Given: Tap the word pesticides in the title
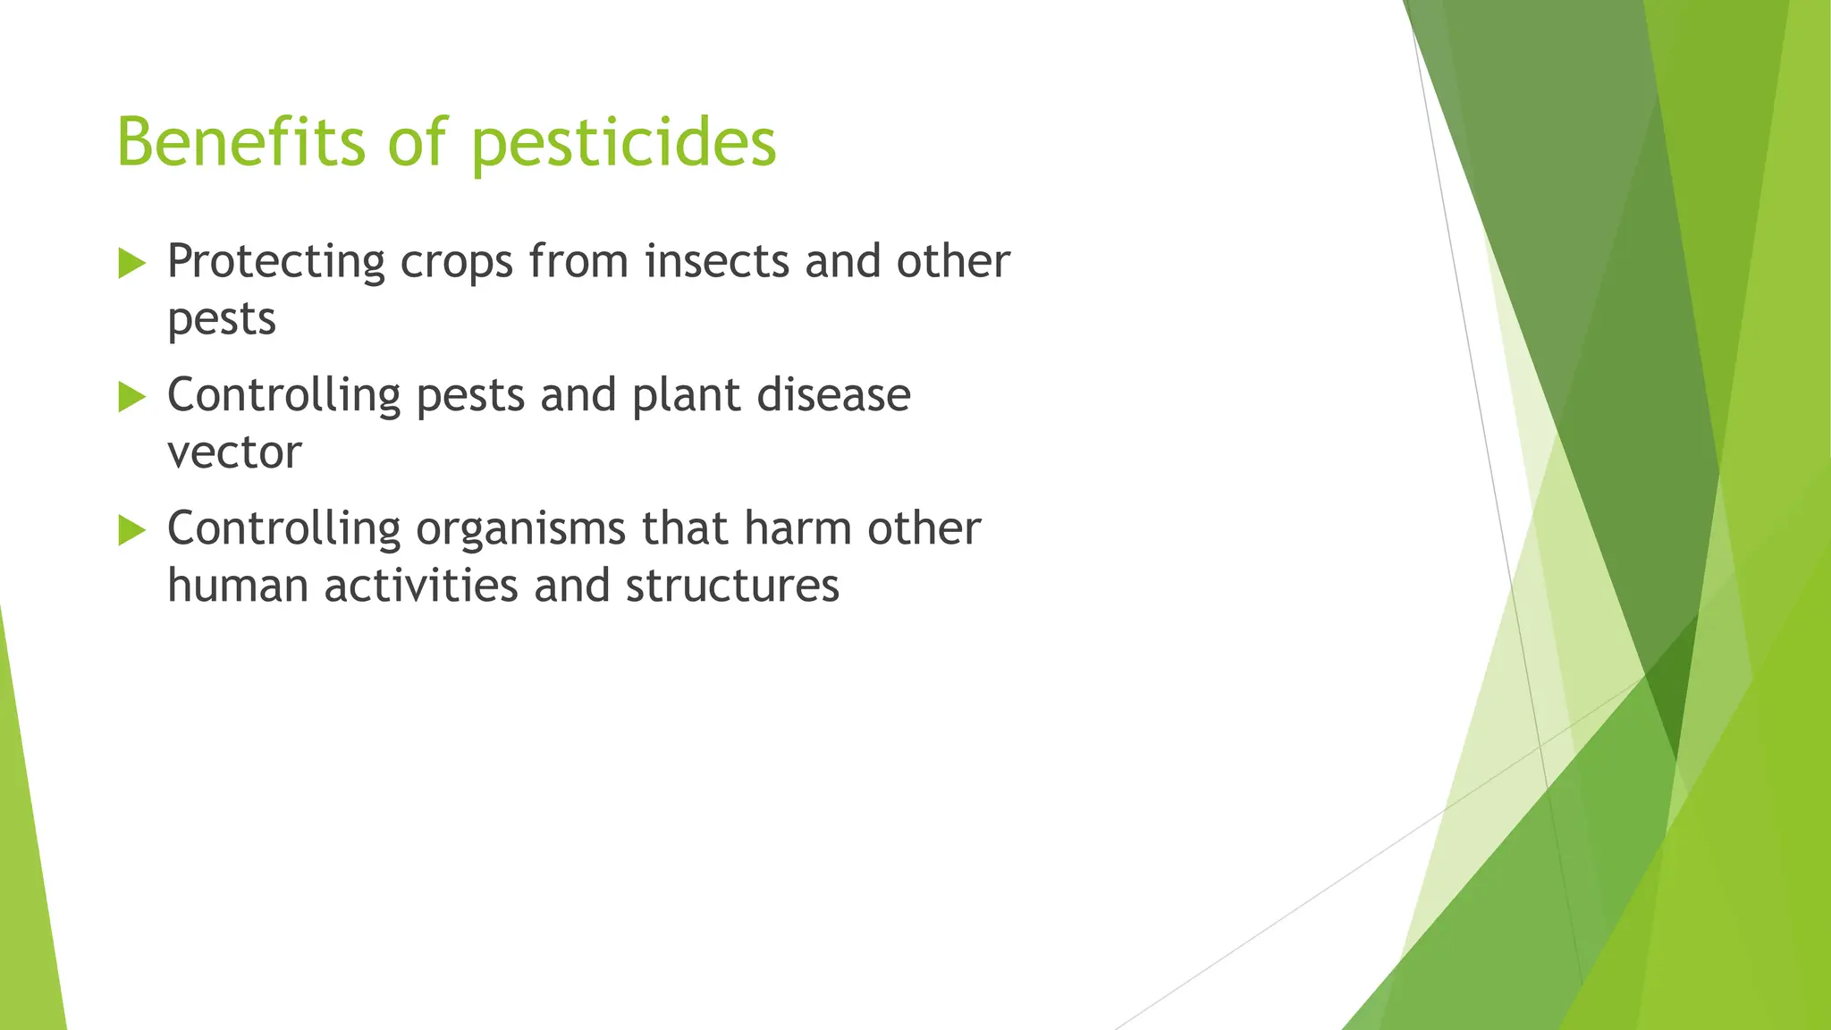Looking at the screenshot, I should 623,143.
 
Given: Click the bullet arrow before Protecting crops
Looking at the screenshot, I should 131,264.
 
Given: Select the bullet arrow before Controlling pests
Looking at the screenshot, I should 131,397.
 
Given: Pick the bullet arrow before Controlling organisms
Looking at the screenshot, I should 131,530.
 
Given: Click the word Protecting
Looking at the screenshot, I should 275,263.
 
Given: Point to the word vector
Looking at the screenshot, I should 234,453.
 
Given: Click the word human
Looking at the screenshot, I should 238,587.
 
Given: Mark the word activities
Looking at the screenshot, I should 420,587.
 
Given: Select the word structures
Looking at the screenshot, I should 731,587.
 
